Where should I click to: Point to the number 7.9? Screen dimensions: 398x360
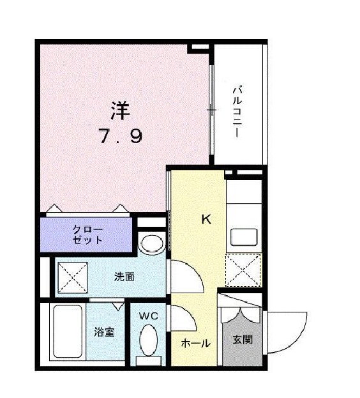(x=120, y=136)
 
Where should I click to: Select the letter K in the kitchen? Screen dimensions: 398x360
(x=206, y=220)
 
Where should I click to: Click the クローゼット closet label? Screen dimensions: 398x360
(x=87, y=235)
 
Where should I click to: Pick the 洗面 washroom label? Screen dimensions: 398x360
(x=124, y=277)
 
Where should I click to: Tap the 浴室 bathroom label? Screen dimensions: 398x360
(x=104, y=332)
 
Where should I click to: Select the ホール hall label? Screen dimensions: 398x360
(x=195, y=343)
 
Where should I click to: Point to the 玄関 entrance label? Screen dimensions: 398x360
(x=242, y=339)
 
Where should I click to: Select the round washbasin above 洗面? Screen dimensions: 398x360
(x=151, y=244)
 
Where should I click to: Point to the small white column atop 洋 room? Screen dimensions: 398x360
(x=200, y=48)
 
